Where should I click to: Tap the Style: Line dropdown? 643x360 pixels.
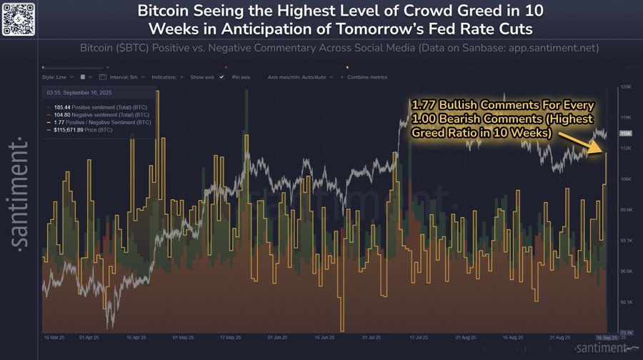tap(56, 76)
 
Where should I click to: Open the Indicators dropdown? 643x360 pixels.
tap(168, 76)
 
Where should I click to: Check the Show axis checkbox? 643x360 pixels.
tap(222, 76)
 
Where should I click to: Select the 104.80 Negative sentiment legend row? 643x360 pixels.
tap(89, 114)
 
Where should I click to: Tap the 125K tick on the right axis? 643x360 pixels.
tap(625, 86)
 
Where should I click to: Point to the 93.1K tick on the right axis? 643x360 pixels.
tap(625, 241)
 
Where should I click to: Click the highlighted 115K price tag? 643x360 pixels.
tap(625, 134)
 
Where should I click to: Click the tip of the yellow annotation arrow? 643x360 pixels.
tap(604, 152)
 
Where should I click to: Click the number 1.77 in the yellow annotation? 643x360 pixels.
tap(424, 106)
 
